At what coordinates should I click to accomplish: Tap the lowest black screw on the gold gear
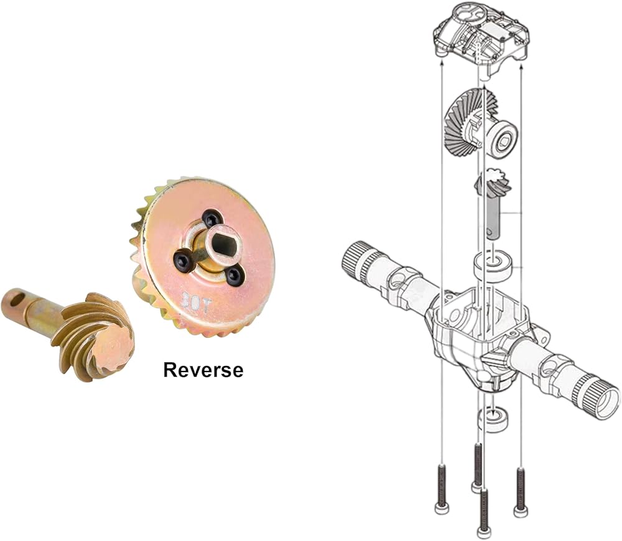(234, 276)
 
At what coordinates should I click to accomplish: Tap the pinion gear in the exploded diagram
(493, 183)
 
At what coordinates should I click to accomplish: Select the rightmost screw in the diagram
(521, 491)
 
